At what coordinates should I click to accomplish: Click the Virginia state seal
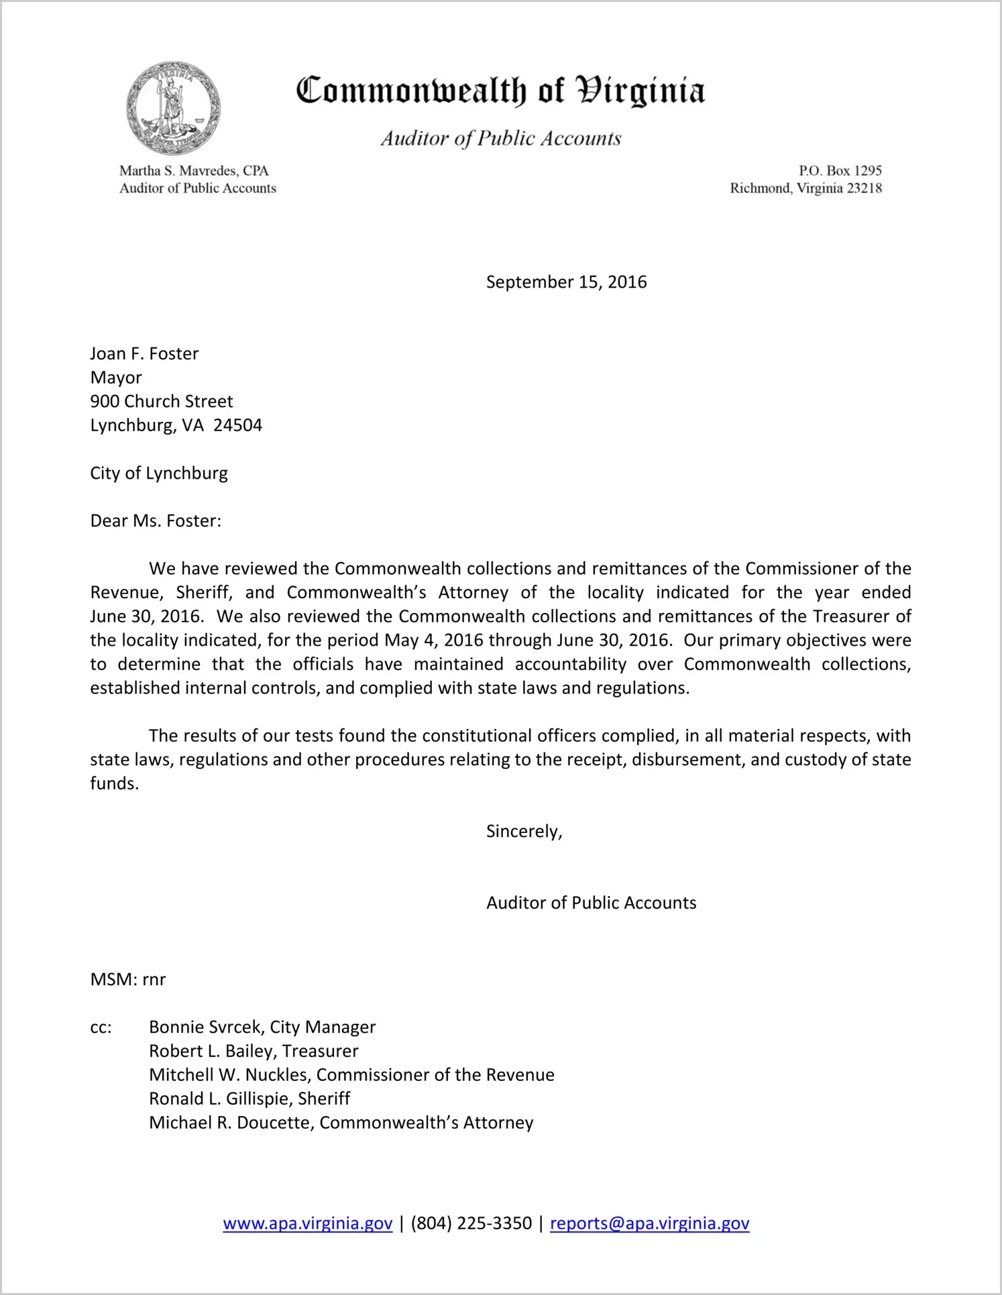(x=173, y=108)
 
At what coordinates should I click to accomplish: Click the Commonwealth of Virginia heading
(x=500, y=91)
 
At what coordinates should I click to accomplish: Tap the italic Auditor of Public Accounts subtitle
(x=500, y=138)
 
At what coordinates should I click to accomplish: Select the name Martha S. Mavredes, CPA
(x=194, y=171)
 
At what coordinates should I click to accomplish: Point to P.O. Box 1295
(x=840, y=171)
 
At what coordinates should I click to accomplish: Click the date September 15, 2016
(x=566, y=282)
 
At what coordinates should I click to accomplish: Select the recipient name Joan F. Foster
(x=144, y=353)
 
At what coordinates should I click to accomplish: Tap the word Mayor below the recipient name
(x=116, y=378)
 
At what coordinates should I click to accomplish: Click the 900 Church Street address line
(x=162, y=401)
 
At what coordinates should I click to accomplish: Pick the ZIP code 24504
(x=237, y=425)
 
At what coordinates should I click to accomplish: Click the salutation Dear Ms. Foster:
(x=156, y=521)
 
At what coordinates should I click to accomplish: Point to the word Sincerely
(x=523, y=832)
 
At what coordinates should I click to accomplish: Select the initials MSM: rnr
(x=127, y=979)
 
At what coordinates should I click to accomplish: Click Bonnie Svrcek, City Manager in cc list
(x=262, y=1027)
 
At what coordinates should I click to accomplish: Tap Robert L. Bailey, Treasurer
(x=254, y=1051)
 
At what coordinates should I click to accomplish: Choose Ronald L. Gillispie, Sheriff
(x=249, y=1099)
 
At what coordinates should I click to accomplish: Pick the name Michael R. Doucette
(x=231, y=1123)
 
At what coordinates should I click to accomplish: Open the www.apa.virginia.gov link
(x=307, y=1223)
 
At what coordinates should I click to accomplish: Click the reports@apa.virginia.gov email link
(x=649, y=1223)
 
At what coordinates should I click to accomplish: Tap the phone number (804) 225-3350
(x=471, y=1223)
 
